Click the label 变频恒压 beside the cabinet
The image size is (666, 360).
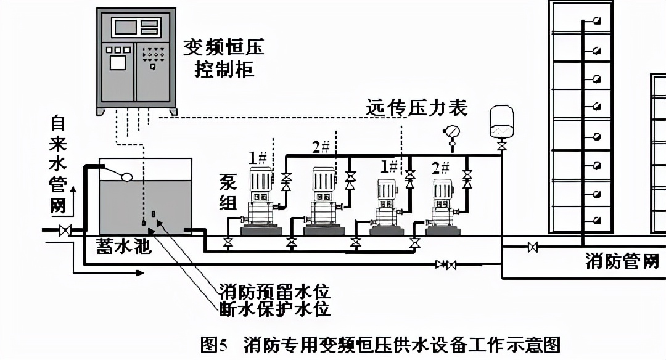point(223,47)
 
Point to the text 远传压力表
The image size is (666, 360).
point(417,108)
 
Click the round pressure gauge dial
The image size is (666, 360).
point(451,131)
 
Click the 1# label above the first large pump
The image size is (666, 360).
point(258,157)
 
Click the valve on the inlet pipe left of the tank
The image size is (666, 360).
point(64,231)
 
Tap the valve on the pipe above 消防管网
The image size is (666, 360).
point(533,248)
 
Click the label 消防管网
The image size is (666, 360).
point(622,261)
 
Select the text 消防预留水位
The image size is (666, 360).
point(274,290)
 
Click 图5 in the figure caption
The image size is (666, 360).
point(215,343)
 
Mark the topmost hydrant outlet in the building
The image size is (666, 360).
point(596,22)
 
